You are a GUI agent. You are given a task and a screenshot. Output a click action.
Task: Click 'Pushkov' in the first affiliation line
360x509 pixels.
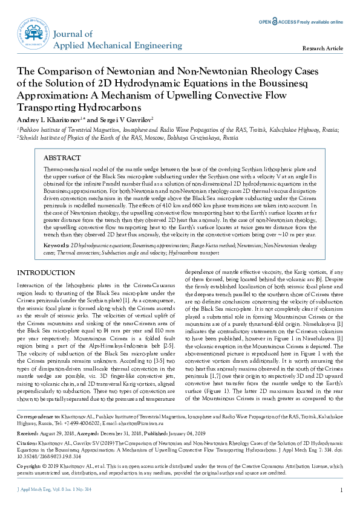coord(29,129)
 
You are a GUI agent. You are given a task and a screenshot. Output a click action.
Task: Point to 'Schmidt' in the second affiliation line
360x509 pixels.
coord(29,138)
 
